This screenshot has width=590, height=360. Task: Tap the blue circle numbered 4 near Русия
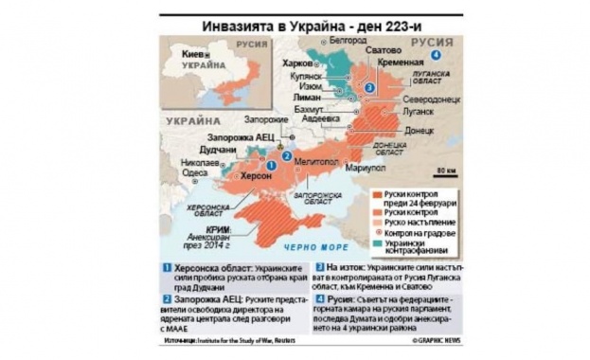click(435, 55)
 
